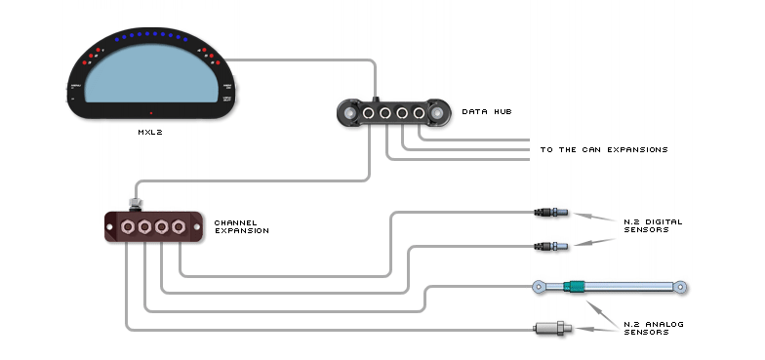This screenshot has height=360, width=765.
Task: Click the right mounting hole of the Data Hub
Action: (x=436, y=113)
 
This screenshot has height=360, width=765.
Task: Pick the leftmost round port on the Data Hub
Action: (x=370, y=114)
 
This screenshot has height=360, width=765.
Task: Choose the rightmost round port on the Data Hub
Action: (x=419, y=114)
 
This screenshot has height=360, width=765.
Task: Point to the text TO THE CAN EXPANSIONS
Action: (x=604, y=149)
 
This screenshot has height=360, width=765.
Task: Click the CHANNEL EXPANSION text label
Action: (x=242, y=226)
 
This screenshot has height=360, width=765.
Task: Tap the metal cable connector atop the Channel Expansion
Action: (x=135, y=204)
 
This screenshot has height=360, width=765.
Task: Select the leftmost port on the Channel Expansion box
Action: (x=128, y=228)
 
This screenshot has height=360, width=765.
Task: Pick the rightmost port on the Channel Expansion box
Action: (x=179, y=228)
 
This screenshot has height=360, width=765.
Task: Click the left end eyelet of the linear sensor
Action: (x=538, y=286)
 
